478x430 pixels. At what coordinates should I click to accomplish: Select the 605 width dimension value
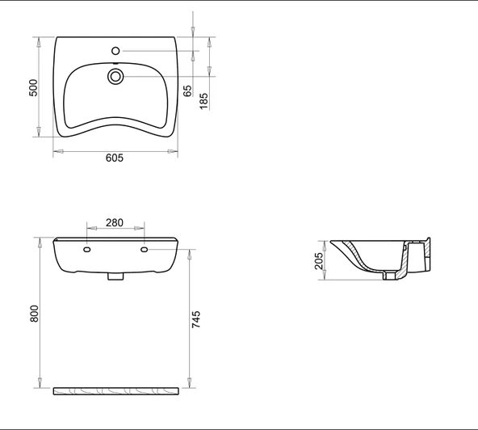click(x=115, y=158)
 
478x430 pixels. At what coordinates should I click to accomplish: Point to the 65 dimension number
click(x=187, y=90)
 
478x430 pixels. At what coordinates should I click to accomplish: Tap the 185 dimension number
click(x=204, y=100)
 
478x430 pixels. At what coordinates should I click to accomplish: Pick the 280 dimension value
click(x=115, y=223)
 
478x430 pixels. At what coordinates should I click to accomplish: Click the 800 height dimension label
click(x=34, y=314)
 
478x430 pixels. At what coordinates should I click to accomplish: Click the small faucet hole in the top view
click(x=115, y=47)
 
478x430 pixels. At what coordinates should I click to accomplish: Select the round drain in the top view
click(x=115, y=77)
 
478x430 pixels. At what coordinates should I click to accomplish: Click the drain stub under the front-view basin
click(x=115, y=276)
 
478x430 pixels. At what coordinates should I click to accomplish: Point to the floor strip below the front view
click(x=115, y=391)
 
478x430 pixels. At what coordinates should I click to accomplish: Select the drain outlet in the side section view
click(x=391, y=276)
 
